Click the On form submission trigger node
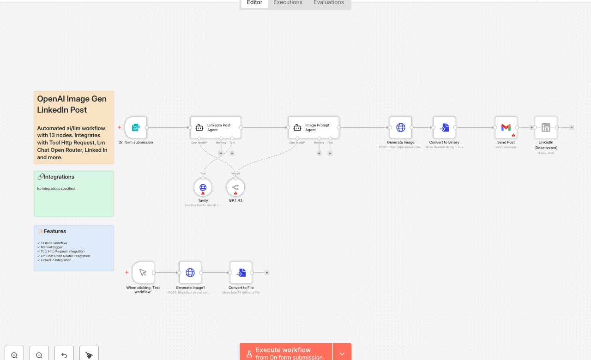(136, 127)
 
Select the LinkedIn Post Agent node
(216, 127)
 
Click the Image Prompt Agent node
(314, 127)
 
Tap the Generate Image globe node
(400, 127)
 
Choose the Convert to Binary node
(444, 127)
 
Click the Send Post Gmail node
(506, 127)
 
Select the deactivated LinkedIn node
(546, 127)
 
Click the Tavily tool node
(203, 187)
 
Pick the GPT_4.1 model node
(235, 187)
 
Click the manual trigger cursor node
(143, 273)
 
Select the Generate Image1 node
(190, 273)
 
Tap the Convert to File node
(241, 273)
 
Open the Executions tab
(288, 3)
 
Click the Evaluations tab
(328, 3)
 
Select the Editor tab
(254, 3)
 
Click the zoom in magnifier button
(14, 355)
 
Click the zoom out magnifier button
(39, 355)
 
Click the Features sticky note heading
(54, 231)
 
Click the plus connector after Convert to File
(267, 273)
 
